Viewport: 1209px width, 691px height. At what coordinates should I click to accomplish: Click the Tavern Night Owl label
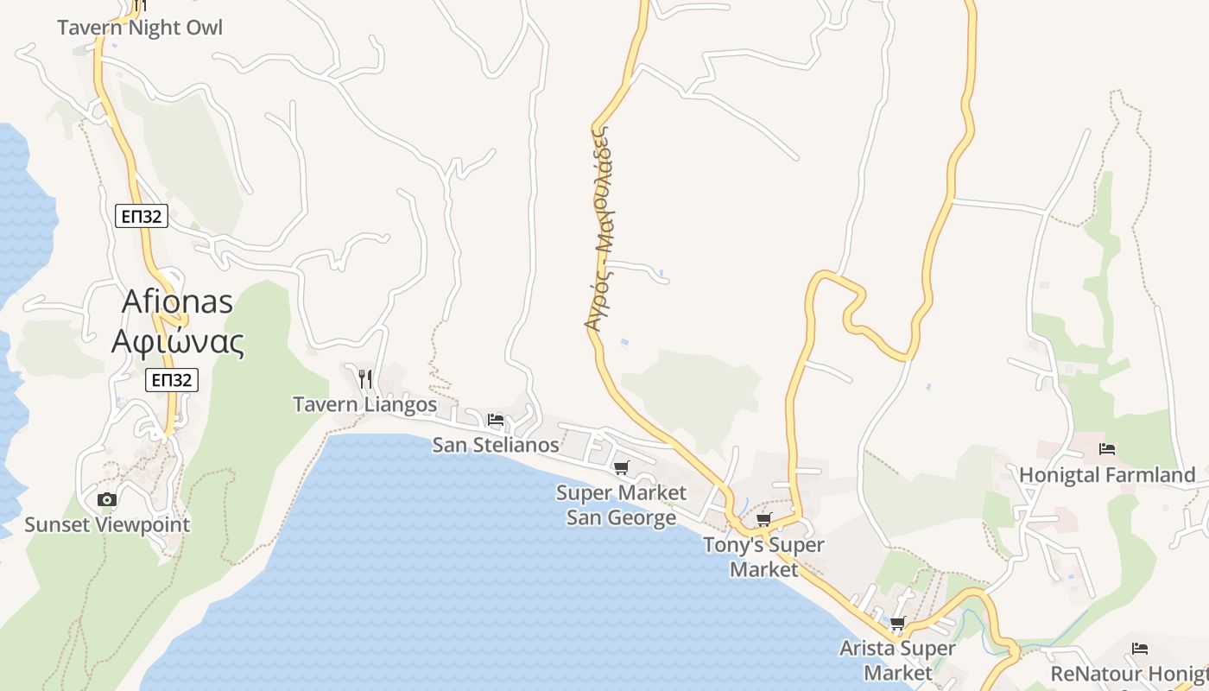pyautogui.click(x=140, y=28)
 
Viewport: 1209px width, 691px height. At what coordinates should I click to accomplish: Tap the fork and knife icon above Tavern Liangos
pyautogui.click(x=365, y=378)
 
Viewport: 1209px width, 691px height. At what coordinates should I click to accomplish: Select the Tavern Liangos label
pyautogui.click(x=365, y=404)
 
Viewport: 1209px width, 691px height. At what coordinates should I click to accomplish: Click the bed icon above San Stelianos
pyautogui.click(x=496, y=421)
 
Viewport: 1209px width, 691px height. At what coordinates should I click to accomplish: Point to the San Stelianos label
pyautogui.click(x=496, y=446)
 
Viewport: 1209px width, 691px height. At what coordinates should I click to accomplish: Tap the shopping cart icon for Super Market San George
pyautogui.click(x=621, y=468)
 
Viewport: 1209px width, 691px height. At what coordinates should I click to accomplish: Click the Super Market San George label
pyautogui.click(x=622, y=505)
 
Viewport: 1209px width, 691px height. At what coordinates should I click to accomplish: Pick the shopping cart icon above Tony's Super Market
pyautogui.click(x=763, y=519)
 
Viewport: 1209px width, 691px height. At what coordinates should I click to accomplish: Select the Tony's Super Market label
pyautogui.click(x=763, y=557)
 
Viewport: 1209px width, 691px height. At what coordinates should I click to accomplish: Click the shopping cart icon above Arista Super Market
pyautogui.click(x=898, y=623)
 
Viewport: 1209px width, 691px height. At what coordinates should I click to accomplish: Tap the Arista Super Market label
pyautogui.click(x=898, y=660)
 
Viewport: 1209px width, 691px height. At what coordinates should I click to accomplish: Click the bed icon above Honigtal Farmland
pyautogui.click(x=1107, y=449)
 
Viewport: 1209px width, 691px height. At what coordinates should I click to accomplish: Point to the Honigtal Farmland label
pyautogui.click(x=1107, y=475)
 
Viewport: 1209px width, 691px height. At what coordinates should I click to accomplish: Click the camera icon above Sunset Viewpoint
pyautogui.click(x=107, y=499)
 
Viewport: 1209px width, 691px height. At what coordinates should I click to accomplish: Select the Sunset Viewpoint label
pyautogui.click(x=107, y=524)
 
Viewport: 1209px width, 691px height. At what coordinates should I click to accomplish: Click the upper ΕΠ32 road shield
pyautogui.click(x=141, y=216)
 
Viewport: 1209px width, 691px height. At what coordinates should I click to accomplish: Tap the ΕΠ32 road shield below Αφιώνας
pyautogui.click(x=172, y=380)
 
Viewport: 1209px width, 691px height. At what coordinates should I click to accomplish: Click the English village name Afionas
pyautogui.click(x=178, y=301)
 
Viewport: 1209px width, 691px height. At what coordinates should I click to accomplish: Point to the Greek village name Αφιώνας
pyautogui.click(x=178, y=342)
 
